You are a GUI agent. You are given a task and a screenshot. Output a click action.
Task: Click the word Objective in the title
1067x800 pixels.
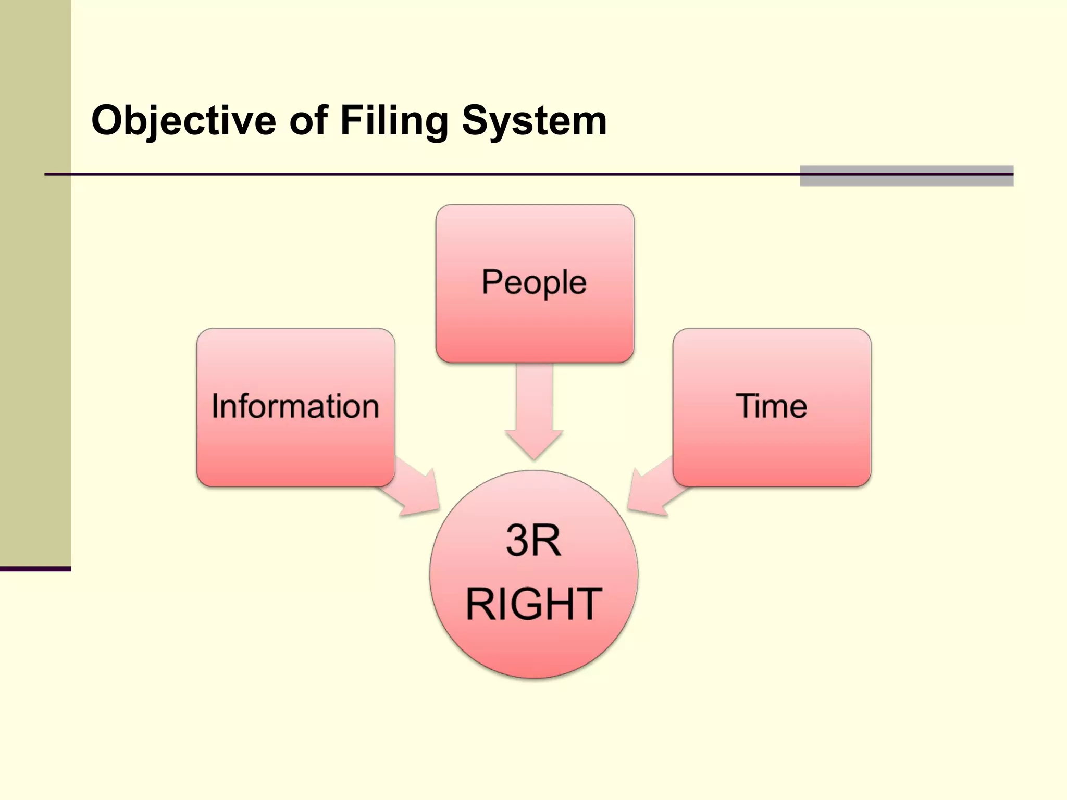[183, 121]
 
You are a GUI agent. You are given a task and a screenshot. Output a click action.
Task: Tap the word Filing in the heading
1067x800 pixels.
[394, 121]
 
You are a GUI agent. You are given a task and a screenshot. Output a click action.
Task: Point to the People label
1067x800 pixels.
[534, 282]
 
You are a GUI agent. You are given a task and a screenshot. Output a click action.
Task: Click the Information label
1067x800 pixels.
[295, 406]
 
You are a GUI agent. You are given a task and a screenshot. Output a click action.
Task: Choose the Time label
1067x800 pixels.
[771, 406]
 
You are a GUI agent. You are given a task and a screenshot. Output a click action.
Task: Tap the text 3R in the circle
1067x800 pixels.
[533, 541]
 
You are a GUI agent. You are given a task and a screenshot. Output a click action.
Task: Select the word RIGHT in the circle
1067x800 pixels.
[533, 604]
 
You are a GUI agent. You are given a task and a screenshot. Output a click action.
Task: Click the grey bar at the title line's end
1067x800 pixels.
[907, 176]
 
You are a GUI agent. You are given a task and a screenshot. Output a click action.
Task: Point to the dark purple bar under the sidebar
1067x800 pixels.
[35, 569]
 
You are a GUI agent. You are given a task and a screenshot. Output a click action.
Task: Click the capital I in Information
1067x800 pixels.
[215, 406]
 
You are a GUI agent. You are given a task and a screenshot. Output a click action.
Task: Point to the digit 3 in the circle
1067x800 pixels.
[517, 541]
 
